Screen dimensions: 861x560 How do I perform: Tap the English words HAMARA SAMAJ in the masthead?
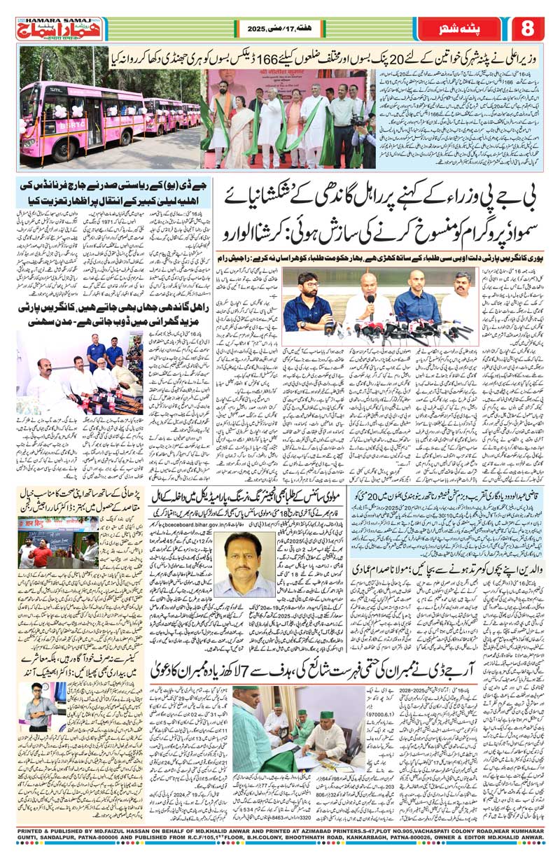click(x=43, y=20)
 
